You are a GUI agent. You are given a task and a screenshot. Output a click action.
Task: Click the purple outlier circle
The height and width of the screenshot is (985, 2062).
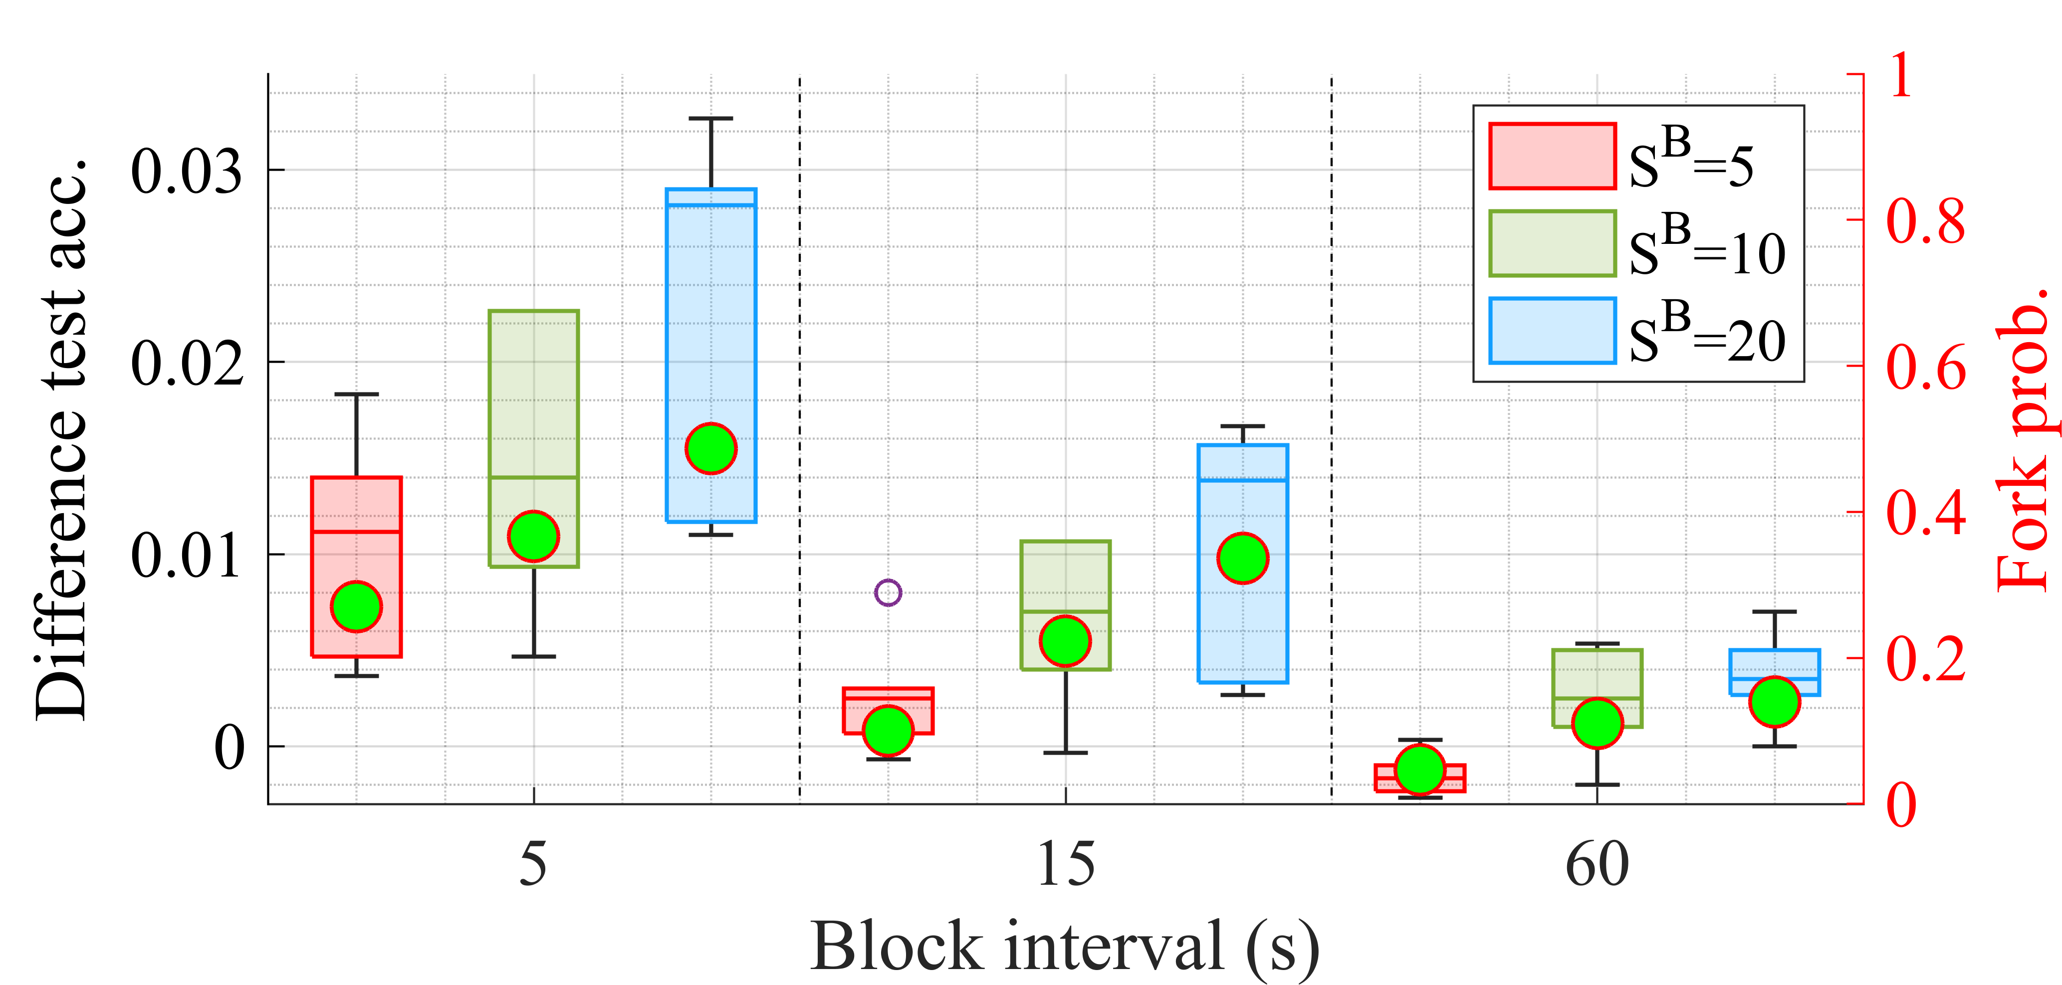tap(888, 593)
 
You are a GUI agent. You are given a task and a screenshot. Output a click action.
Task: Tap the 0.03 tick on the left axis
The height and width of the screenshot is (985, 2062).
tap(187, 171)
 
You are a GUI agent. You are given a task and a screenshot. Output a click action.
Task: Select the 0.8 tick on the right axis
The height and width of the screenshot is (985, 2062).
tap(1925, 221)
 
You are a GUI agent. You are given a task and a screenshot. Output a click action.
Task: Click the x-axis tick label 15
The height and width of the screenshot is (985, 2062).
tap(1065, 864)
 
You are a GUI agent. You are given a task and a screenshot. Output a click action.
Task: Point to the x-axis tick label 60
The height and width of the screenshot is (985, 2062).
tap(1597, 864)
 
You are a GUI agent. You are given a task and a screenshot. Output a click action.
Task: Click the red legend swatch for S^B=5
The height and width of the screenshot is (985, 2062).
tap(1552, 156)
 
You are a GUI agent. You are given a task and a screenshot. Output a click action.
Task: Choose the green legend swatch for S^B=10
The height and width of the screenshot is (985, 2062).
tap(1552, 243)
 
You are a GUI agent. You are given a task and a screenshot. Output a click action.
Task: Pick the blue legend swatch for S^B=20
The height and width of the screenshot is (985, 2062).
tap(1552, 331)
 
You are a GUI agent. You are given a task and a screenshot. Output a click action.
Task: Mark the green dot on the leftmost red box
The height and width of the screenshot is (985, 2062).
tap(356, 606)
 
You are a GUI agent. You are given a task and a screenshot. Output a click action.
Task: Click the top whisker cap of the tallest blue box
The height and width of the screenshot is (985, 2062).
tap(711, 118)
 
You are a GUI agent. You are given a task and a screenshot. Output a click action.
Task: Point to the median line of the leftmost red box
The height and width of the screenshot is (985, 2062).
tap(356, 531)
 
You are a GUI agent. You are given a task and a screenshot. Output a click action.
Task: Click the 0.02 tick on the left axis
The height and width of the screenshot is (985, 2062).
tap(187, 363)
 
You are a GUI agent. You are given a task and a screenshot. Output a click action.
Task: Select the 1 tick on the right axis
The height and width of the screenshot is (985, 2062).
tap(1901, 76)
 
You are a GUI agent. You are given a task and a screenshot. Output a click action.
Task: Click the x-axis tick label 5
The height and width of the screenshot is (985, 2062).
tap(533, 864)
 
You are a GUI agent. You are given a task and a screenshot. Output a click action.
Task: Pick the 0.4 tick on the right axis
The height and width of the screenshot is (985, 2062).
tap(1925, 513)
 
